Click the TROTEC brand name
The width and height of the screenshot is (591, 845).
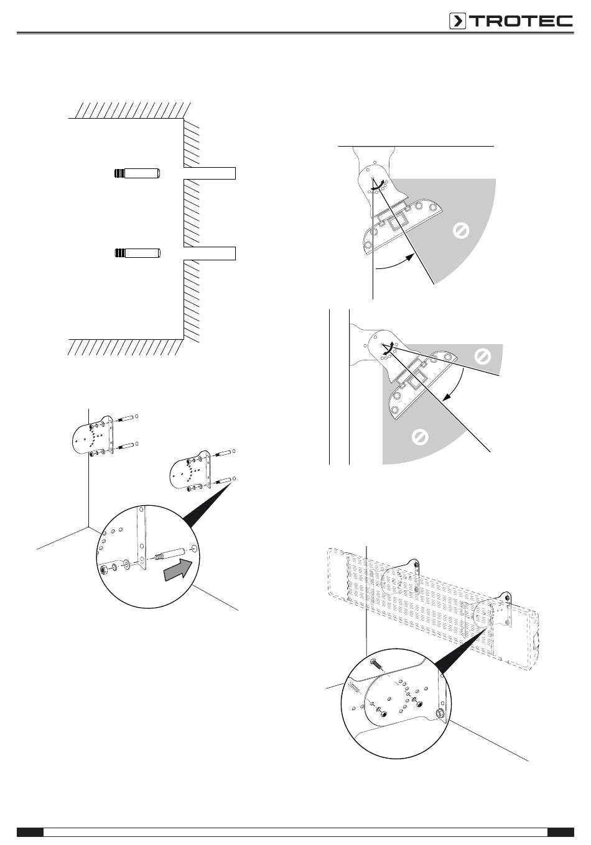coord(520,21)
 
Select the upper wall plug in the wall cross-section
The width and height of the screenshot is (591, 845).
coord(137,173)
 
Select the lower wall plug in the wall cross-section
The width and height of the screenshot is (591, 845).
coord(137,253)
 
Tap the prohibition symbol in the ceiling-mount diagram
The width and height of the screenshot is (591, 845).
coord(460,232)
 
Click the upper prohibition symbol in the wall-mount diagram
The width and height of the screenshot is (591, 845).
coord(482,357)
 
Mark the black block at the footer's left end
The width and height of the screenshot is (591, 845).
coord(30,832)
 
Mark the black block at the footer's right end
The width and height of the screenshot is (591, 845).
coord(561,832)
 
